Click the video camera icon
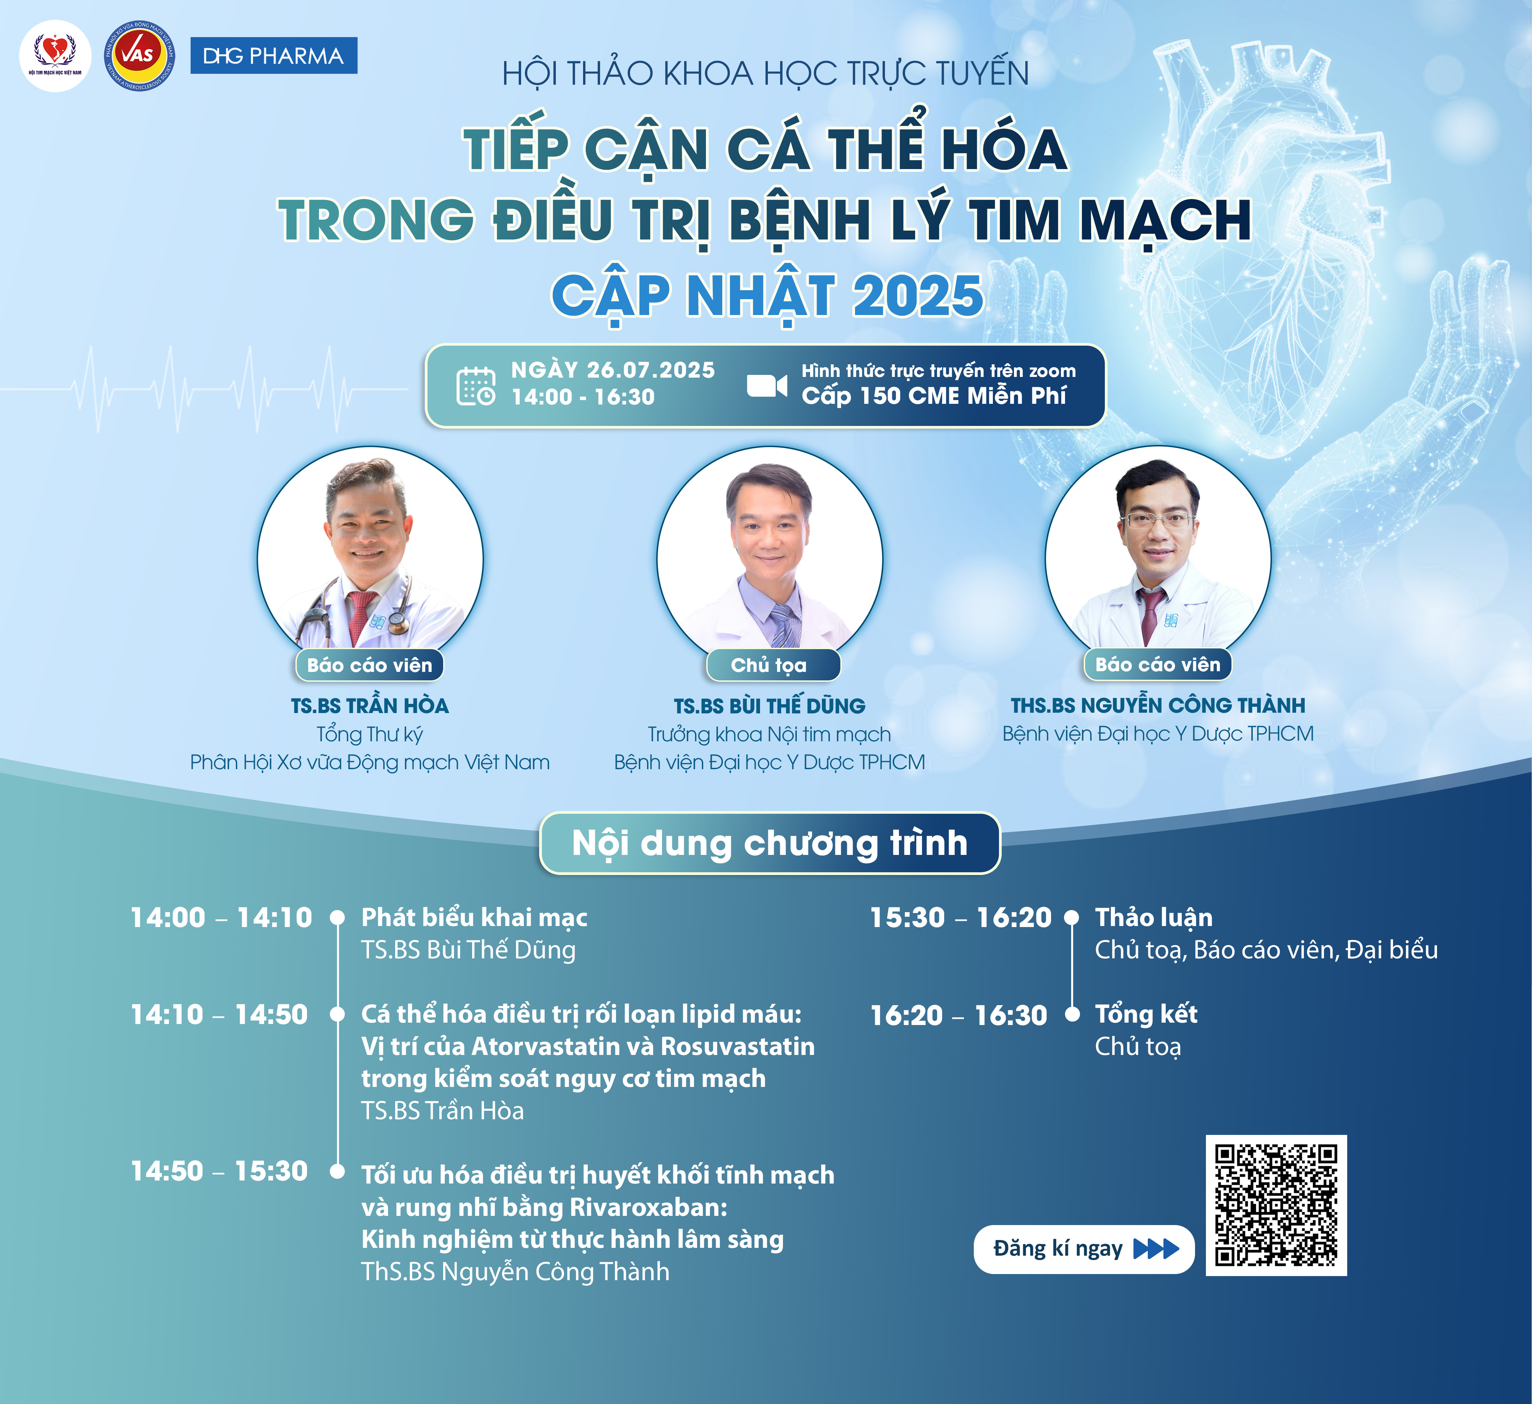[x=766, y=386]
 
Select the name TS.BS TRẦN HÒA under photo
[x=370, y=706]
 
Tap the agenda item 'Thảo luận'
[x=1154, y=918]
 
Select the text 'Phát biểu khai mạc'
[x=474, y=918]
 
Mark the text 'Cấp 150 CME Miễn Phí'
[x=934, y=396]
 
